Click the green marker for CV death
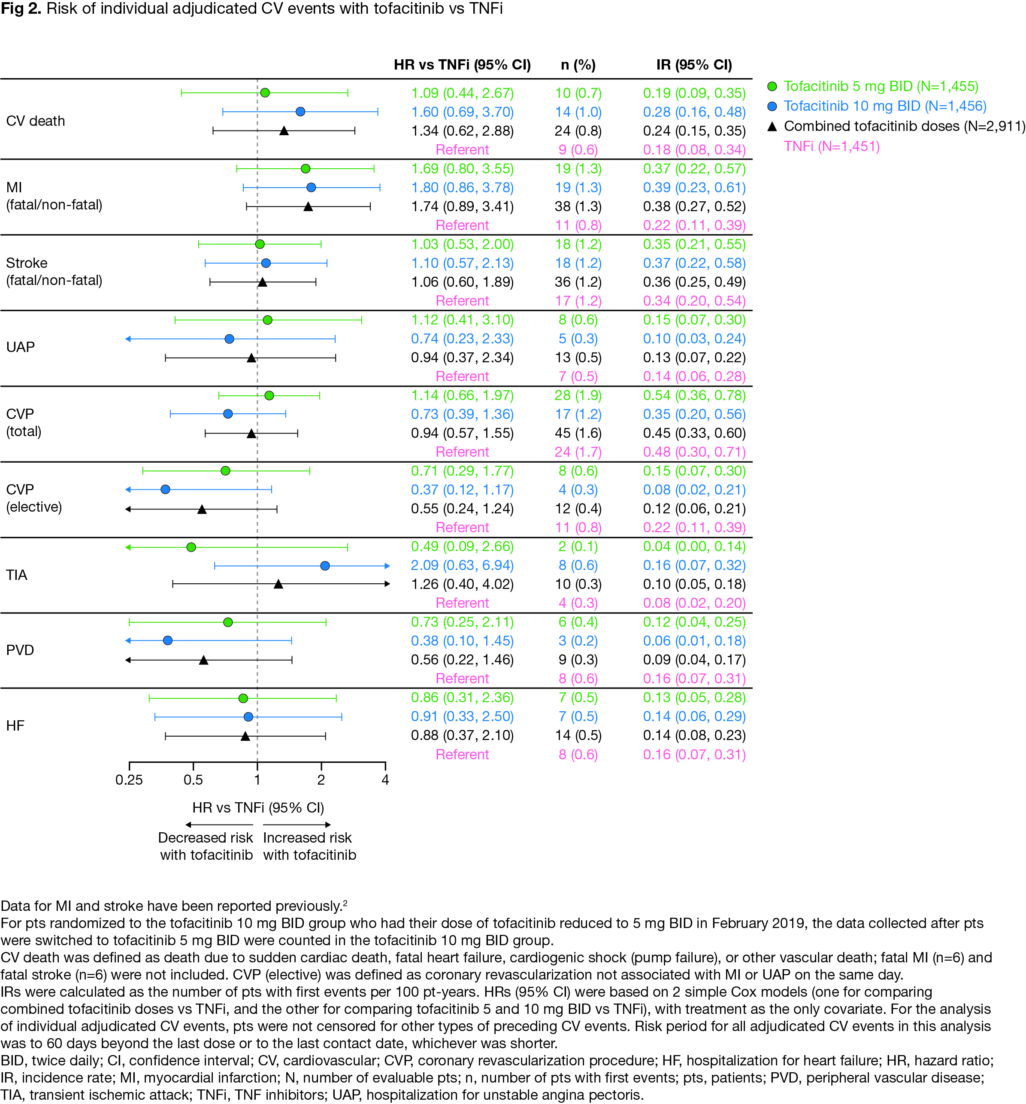265,93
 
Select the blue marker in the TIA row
325,566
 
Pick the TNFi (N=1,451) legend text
832,147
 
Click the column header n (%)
578,65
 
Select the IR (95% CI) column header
694,65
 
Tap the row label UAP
21,347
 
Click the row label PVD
20,650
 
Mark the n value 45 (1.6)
578,433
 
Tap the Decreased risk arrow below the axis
219,825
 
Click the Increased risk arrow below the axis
297,825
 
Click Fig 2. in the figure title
21,9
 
